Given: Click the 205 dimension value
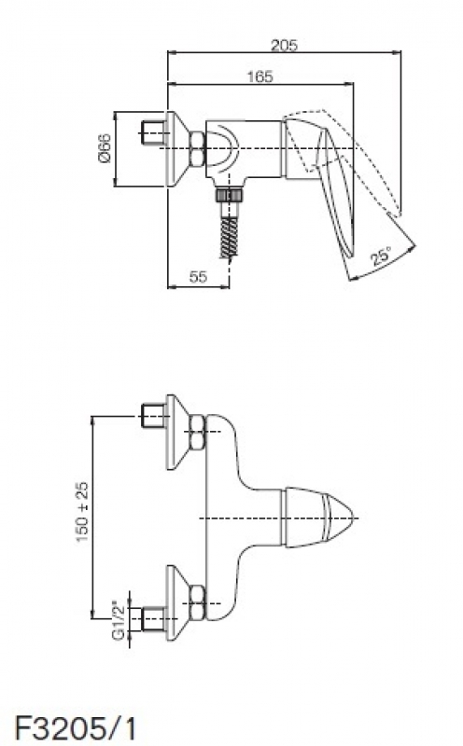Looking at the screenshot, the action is tap(284, 45).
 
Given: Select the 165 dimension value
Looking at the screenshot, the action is tap(260, 76).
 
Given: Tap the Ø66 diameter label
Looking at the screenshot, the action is tap(105, 148).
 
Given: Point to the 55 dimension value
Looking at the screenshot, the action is tap(198, 276).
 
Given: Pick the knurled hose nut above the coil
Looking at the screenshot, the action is tap(229, 196).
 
